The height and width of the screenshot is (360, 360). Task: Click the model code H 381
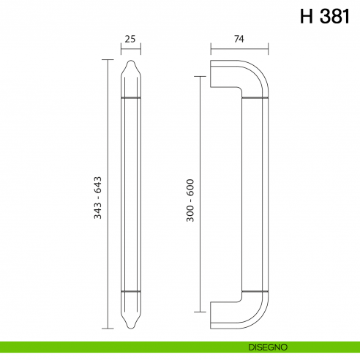pos(325,17)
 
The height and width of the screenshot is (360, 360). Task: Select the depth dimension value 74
pos(239,41)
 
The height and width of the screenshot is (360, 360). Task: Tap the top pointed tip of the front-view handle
pos(131,63)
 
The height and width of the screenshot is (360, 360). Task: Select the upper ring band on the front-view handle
pos(131,97)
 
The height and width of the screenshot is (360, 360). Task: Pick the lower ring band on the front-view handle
pos(131,291)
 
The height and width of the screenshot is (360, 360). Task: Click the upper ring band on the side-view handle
pos(253,97)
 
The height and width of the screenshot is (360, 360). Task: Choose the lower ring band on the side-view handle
pos(253,291)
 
